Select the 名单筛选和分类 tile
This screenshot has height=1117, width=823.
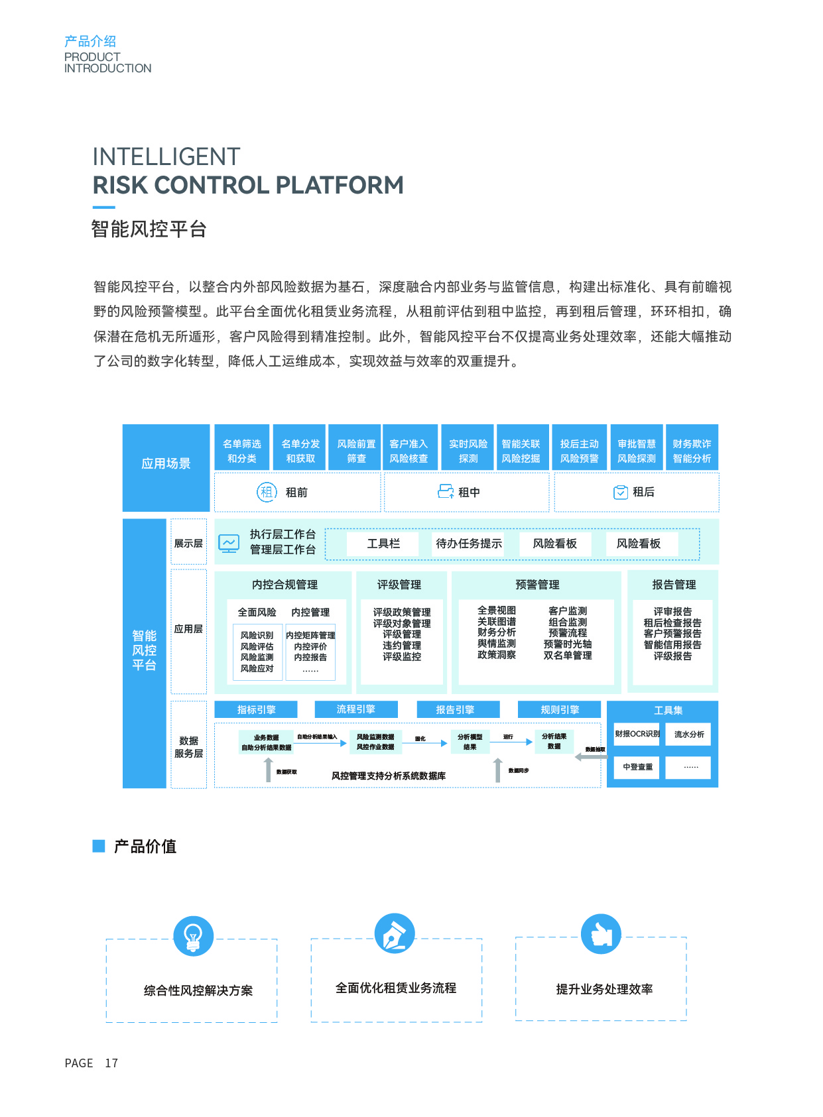[x=242, y=451]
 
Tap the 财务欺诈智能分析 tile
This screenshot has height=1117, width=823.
[x=692, y=451]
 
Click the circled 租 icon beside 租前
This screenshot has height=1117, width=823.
[x=267, y=492]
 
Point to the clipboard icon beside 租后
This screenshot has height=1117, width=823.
[x=621, y=492]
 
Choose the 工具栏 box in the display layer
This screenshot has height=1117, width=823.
[x=383, y=544]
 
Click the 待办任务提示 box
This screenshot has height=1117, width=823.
[x=468, y=544]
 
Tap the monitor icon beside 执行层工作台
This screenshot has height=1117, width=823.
[x=229, y=544]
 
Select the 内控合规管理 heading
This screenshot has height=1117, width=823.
[x=285, y=585]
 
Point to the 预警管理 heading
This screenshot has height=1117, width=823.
[x=537, y=585]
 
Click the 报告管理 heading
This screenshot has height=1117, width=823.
[x=674, y=585]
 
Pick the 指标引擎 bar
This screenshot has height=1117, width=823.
[x=257, y=709]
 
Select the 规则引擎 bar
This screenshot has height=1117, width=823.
[x=560, y=709]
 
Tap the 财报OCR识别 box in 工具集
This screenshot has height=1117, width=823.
[x=637, y=734]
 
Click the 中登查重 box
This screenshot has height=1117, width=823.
[x=637, y=767]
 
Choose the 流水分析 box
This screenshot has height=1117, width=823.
[x=690, y=735]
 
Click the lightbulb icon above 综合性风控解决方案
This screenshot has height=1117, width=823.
[x=193, y=936]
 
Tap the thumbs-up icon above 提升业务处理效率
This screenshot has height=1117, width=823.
[x=601, y=934]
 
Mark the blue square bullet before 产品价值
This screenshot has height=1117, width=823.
[x=99, y=846]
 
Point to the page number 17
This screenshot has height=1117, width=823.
[x=111, y=1063]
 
